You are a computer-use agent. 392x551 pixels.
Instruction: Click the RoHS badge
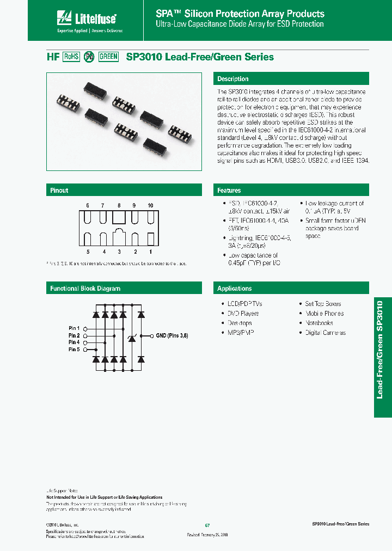pyautogui.click(x=71, y=57)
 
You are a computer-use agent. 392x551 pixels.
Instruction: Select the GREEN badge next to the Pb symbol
pyautogui.click(x=108, y=57)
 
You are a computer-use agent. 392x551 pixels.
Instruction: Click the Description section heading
pyautogui.click(x=233, y=79)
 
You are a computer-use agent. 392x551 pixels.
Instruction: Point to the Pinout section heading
pyautogui.click(x=59, y=191)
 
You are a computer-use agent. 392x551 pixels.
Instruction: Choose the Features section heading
pyautogui.click(x=229, y=191)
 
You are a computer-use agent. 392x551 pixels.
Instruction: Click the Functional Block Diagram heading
pyautogui.click(x=85, y=289)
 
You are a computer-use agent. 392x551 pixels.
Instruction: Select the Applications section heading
pyautogui.click(x=235, y=289)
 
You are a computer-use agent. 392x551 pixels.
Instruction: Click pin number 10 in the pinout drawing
pyautogui.click(x=150, y=205)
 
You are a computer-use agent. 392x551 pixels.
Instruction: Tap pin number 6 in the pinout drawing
pyautogui.click(x=87, y=205)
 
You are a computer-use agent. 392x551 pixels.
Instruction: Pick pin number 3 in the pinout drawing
pyautogui.click(x=119, y=252)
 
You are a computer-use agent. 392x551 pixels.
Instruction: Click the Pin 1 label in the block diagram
pyautogui.click(x=74, y=328)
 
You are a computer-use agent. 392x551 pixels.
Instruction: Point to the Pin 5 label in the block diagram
pyautogui.click(x=74, y=350)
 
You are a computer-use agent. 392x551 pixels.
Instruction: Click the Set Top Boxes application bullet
pyautogui.click(x=322, y=304)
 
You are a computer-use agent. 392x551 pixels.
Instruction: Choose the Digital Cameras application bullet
pyautogui.click(x=325, y=333)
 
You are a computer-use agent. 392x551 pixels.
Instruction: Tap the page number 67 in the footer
pyautogui.click(x=207, y=525)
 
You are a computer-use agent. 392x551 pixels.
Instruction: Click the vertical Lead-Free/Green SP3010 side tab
pyautogui.click(x=382, y=357)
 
